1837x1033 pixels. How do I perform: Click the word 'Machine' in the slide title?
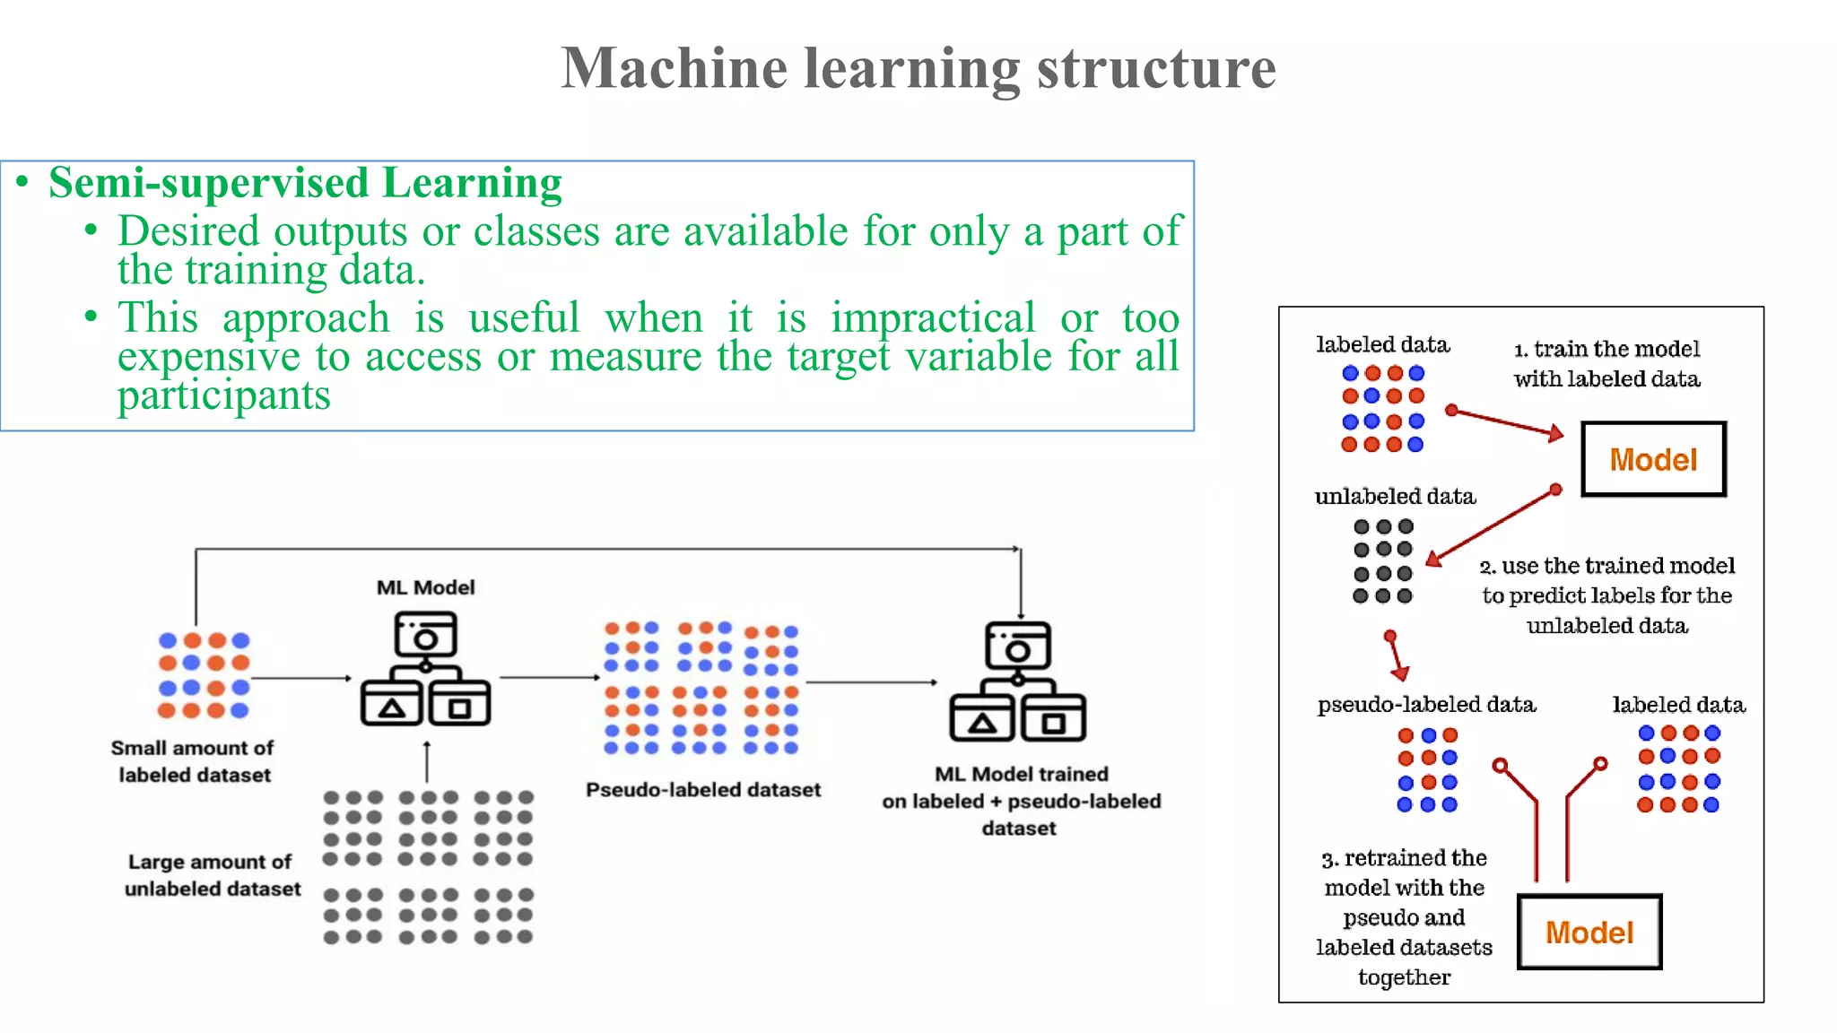click(674, 68)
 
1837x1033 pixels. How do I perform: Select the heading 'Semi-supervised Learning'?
click(305, 183)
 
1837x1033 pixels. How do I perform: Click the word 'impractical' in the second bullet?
click(932, 318)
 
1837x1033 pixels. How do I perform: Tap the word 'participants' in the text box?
click(223, 395)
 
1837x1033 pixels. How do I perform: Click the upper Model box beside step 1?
click(1653, 459)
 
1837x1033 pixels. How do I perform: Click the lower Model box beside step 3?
click(1589, 932)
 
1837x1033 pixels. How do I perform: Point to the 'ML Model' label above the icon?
click(425, 587)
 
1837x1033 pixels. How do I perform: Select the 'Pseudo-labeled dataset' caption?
click(703, 790)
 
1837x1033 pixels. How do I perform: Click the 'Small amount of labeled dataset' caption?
click(193, 761)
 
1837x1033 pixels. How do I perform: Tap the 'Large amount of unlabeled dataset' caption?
click(212, 875)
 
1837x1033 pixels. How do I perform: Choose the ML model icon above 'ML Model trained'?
click(1017, 681)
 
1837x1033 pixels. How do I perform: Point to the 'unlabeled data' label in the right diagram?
click(1395, 496)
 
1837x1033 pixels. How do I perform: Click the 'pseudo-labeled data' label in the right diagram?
click(1426, 705)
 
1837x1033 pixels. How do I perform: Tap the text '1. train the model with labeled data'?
click(1606, 363)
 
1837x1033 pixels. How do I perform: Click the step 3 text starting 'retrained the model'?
click(1404, 916)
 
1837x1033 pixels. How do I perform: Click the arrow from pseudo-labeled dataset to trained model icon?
click(870, 682)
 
